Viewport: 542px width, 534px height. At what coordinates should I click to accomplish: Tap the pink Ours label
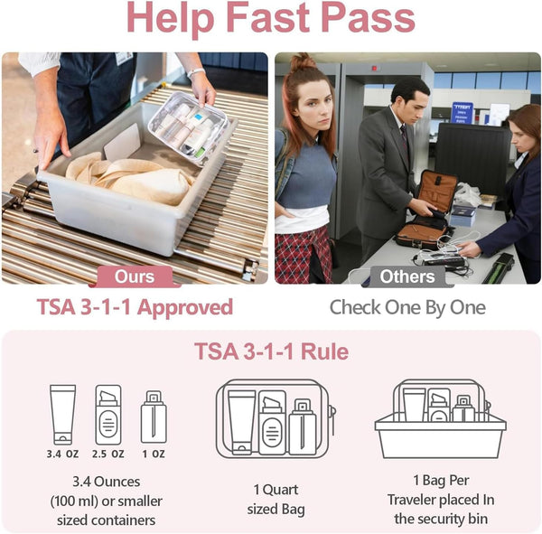[135, 276]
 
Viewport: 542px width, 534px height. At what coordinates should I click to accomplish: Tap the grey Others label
[407, 276]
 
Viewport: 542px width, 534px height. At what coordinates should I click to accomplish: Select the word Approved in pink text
[185, 307]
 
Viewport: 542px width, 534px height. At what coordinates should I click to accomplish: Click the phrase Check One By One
[407, 307]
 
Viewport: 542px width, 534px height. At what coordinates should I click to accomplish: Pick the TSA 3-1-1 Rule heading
[271, 351]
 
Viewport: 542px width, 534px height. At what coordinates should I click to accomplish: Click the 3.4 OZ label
[62, 454]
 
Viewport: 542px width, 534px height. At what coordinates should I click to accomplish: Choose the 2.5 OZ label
[108, 454]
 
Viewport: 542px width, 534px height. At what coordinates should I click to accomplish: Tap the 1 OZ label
[154, 454]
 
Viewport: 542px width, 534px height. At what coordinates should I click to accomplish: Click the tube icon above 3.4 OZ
[62, 415]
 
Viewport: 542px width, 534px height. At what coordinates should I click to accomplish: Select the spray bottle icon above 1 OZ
[154, 417]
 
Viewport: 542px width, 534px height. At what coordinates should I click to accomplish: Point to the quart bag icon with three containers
[276, 418]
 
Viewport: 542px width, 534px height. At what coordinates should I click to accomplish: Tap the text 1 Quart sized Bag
[276, 500]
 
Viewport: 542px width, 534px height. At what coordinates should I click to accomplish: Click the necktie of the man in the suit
[405, 139]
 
